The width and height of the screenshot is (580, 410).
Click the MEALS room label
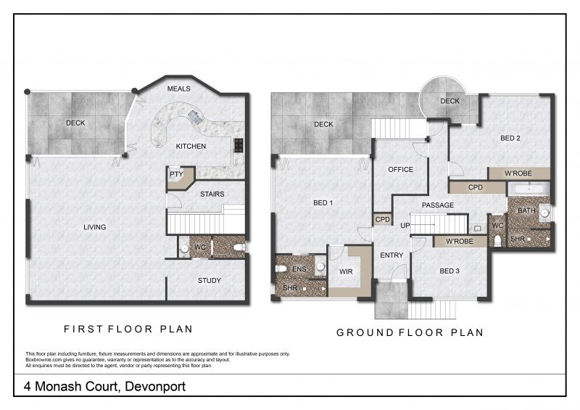pyautogui.click(x=178, y=89)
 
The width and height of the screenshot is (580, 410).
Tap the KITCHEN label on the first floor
pyautogui.click(x=191, y=147)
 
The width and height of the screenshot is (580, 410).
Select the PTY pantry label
pyautogui.click(x=176, y=174)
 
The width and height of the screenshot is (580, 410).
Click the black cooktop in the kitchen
pyautogui.click(x=239, y=145)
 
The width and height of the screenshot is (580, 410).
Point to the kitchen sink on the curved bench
pyautogui.click(x=195, y=117)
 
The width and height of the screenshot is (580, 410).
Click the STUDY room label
pyautogui.click(x=210, y=280)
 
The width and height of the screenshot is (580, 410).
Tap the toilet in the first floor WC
pyautogui.click(x=239, y=247)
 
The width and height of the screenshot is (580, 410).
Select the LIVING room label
pyautogui.click(x=95, y=227)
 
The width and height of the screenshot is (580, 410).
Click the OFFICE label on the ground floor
pyautogui.click(x=401, y=169)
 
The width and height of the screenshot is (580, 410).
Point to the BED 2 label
pyautogui.click(x=510, y=138)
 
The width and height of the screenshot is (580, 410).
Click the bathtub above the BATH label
pyautogui.click(x=529, y=189)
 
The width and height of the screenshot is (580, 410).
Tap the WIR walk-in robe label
pyautogui.click(x=346, y=271)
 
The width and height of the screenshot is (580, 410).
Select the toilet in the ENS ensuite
pyautogui.click(x=281, y=268)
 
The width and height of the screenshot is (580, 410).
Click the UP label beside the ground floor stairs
pyautogui.click(x=405, y=226)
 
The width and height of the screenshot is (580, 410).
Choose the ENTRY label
pyautogui.click(x=391, y=255)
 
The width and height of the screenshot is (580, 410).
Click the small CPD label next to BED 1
pyautogui.click(x=383, y=219)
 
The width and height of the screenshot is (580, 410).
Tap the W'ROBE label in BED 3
pyautogui.click(x=460, y=242)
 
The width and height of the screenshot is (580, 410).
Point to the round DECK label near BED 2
pyautogui.click(x=449, y=101)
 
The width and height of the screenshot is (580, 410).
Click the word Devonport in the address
pyautogui.click(x=155, y=386)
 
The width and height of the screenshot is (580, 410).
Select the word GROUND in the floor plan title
pyautogui.click(x=365, y=332)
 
